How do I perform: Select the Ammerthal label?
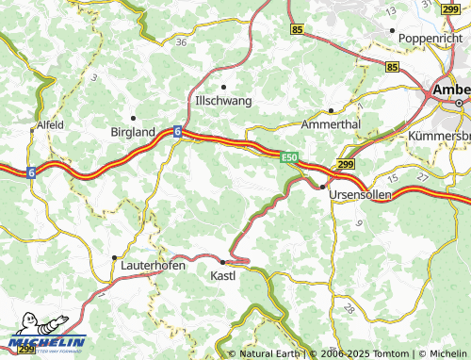330,124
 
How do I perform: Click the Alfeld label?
50,124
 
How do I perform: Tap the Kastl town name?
223,276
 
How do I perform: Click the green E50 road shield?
288,157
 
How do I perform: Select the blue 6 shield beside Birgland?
176,133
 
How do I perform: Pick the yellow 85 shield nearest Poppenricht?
392,67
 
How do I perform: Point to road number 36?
181,41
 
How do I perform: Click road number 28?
349,308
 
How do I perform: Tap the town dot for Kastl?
222,261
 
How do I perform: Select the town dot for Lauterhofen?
114,256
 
